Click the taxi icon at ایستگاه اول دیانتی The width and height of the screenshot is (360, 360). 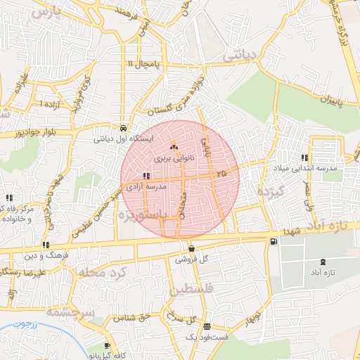[124, 129]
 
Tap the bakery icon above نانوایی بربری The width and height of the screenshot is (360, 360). [174, 147]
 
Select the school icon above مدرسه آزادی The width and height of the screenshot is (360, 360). [146, 176]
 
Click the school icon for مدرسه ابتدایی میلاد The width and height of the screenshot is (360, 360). [304, 158]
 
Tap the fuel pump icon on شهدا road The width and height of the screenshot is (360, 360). [273, 241]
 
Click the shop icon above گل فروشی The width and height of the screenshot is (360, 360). [191, 247]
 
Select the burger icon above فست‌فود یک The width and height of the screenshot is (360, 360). [206, 326]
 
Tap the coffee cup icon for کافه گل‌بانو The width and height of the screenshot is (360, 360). [107, 346]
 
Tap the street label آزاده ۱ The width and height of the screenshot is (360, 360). [51, 105]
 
